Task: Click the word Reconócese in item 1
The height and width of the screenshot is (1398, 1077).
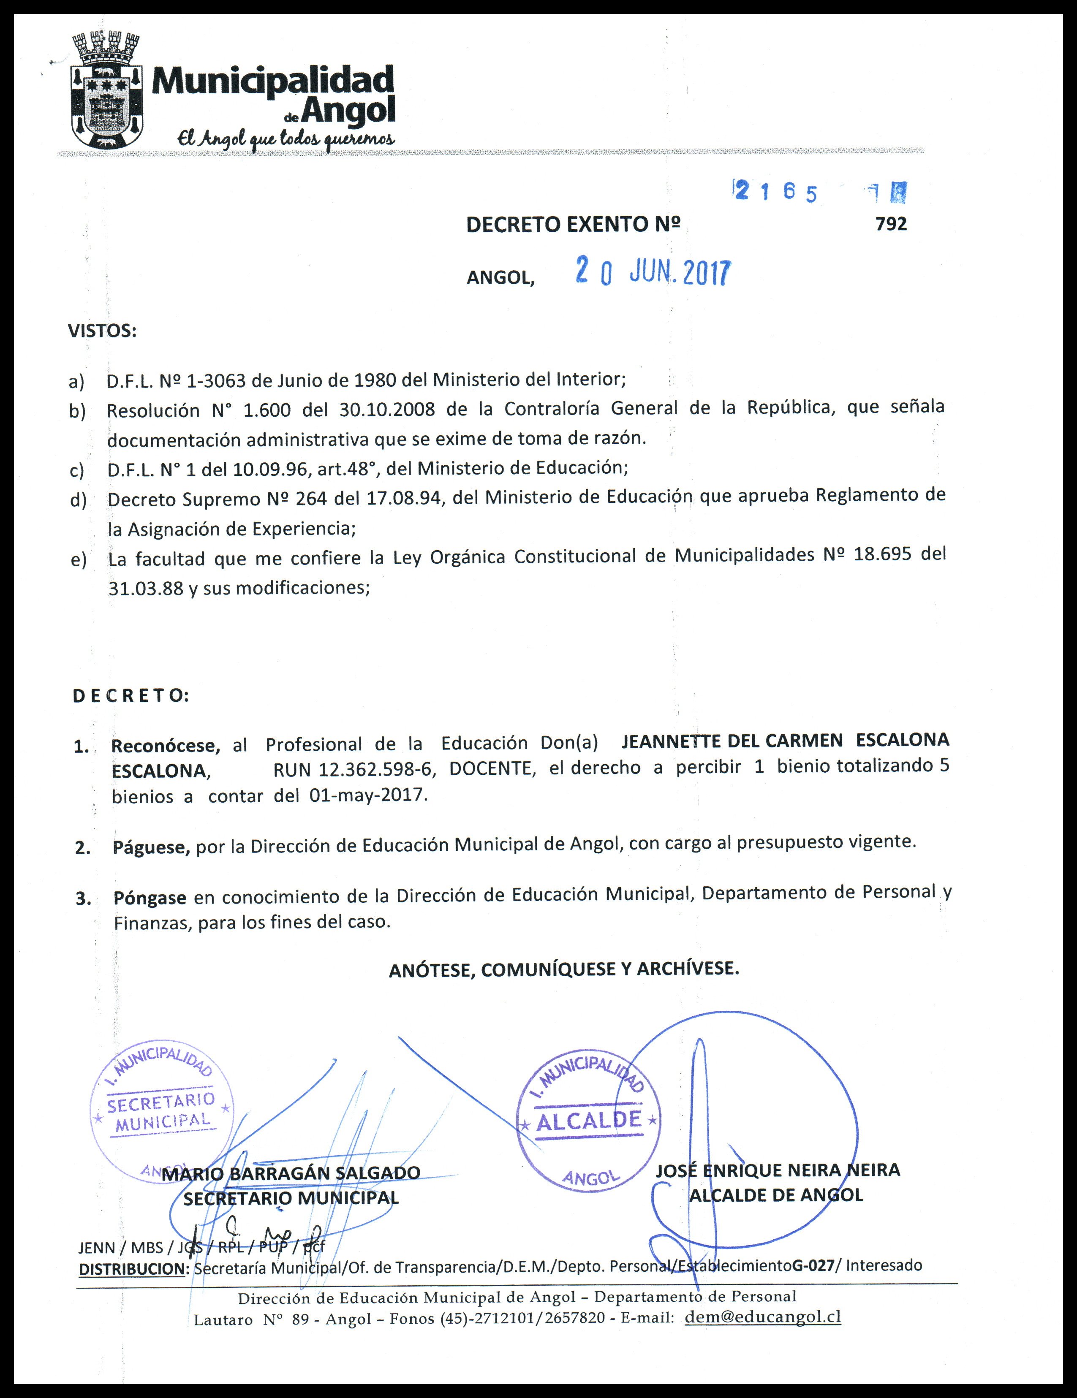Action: [x=165, y=746]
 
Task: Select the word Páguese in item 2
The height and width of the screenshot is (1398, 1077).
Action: [x=151, y=847]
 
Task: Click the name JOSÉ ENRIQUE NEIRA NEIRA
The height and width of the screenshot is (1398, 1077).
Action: [x=777, y=1170]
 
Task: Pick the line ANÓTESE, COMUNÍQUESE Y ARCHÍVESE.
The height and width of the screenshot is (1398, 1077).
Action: [x=563, y=969]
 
